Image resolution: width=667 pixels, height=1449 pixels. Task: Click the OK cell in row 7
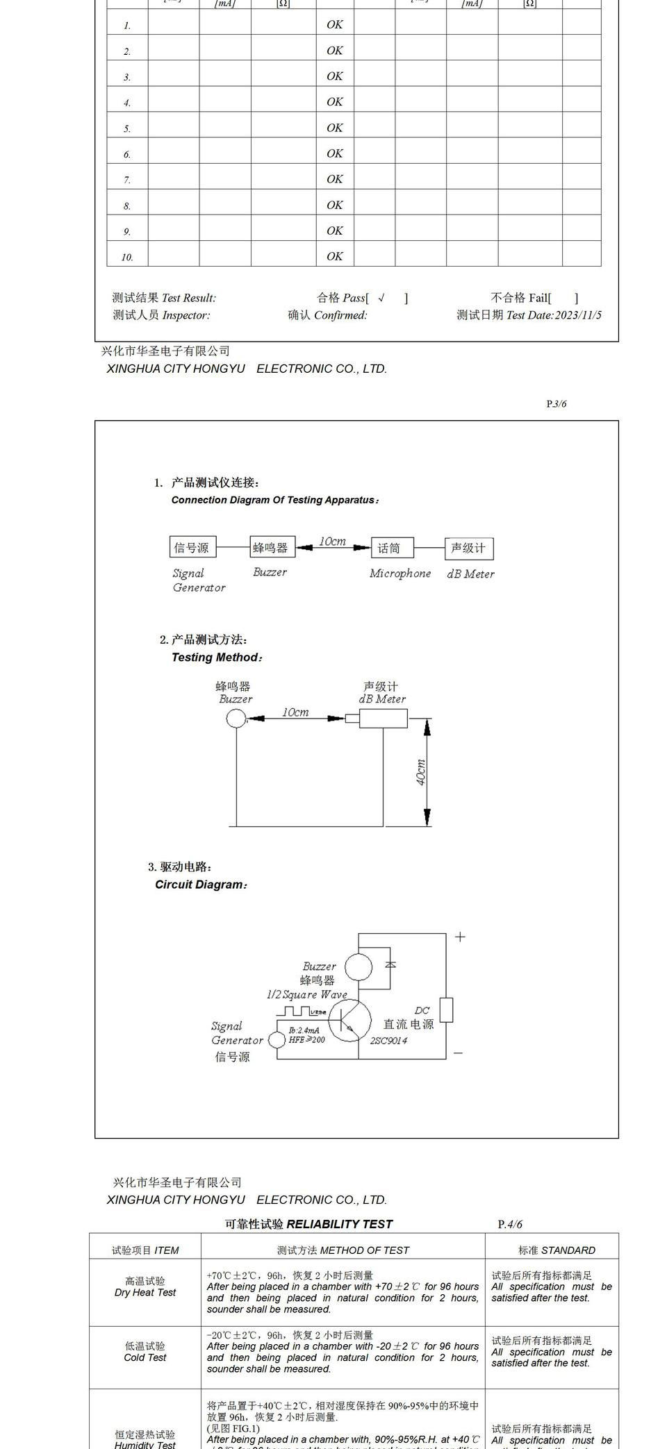coord(335,179)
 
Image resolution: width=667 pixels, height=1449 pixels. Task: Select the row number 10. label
coord(127,257)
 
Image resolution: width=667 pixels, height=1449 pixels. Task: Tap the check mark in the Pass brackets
coord(381,298)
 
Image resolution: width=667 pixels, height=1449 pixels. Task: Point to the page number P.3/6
coord(556,403)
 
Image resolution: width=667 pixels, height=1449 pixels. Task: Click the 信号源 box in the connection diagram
coord(191,548)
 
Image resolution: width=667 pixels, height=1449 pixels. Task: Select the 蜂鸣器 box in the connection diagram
coord(270,548)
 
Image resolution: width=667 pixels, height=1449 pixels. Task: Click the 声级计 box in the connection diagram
coord(468,548)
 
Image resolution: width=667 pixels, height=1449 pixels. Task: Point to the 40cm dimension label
coord(421,772)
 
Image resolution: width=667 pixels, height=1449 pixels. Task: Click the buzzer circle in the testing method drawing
coord(236,719)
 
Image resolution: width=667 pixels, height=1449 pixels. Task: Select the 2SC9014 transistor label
coord(388,1040)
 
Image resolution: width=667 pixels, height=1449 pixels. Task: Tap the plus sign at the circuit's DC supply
coord(460,937)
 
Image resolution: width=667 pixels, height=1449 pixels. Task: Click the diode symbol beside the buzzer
coord(390,964)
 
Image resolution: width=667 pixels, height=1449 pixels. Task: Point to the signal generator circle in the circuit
coord(277,1039)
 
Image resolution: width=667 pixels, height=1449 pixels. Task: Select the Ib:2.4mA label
coord(304,1030)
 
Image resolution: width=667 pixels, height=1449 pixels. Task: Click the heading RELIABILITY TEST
coord(339,1224)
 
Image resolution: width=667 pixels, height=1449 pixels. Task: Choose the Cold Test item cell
coord(145,1351)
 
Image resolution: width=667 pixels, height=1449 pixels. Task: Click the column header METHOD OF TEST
coord(343,1250)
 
